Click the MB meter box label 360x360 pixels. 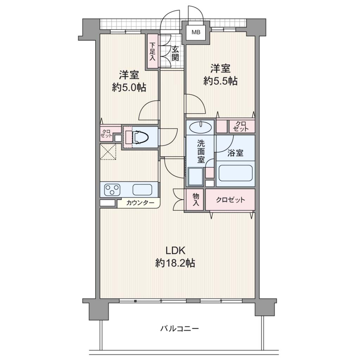coord(196,32)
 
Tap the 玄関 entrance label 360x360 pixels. coord(175,53)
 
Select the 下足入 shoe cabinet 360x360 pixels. coord(153,51)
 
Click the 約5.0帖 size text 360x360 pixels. coord(129,88)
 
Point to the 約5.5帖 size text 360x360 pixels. coord(220,81)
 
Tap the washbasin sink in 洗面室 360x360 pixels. coord(200,127)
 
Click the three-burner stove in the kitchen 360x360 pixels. coord(112,190)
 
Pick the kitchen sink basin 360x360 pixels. coord(142,190)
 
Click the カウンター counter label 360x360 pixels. coord(140,203)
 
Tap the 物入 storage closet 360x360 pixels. coord(195,200)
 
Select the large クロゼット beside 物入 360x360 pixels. coord(230,200)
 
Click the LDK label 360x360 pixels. coord(175,250)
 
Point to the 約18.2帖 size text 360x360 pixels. coord(175,263)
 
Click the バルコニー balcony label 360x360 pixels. coord(179,329)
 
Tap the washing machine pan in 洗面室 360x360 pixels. coord(195,176)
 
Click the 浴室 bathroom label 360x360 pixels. coord(235,153)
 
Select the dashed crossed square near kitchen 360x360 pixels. coord(108,152)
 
